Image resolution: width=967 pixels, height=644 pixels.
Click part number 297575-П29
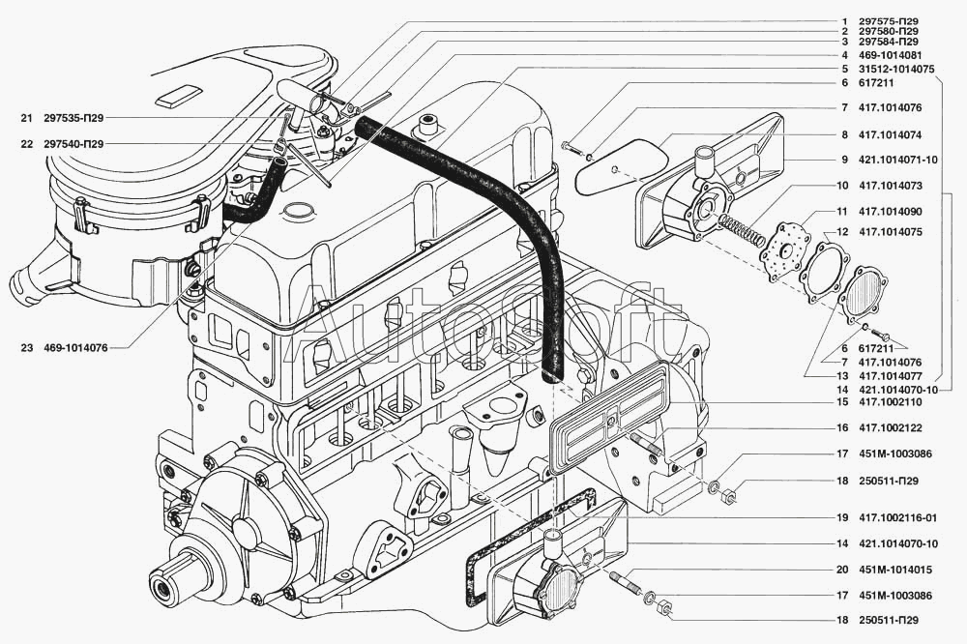(888, 20)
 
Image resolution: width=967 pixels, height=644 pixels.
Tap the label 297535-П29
(73, 118)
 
